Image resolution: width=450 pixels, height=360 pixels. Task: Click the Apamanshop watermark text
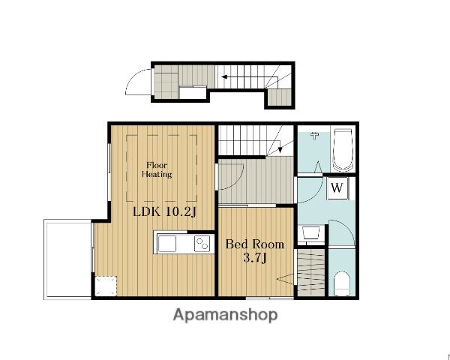tap(226, 316)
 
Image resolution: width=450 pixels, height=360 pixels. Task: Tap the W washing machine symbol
tap(338, 188)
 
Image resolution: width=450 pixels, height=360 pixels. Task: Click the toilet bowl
tap(342, 283)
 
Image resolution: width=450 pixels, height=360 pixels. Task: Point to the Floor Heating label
tap(157, 169)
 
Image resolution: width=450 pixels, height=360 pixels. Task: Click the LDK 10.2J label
tap(164, 212)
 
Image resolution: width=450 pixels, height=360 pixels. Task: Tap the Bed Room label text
tap(254, 244)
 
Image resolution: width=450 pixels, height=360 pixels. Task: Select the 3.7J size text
tap(255, 258)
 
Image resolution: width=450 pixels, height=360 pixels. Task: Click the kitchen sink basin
tap(167, 244)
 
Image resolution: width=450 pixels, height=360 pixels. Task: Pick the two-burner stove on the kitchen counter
tap(202, 244)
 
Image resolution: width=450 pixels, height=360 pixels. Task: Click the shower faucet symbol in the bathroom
tap(315, 136)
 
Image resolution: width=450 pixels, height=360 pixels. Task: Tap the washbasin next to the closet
tap(311, 232)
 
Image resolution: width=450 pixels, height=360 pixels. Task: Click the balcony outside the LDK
tap(67, 259)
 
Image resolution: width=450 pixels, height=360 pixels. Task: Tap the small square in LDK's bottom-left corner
tap(106, 286)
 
